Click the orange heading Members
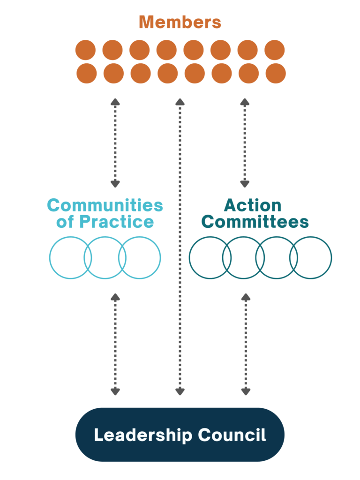pyautogui.click(x=180, y=22)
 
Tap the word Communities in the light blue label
pyautogui.click(x=105, y=205)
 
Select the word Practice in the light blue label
pyautogui.click(x=117, y=222)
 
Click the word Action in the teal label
pyautogui.click(x=253, y=205)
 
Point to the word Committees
pyautogui.click(x=255, y=222)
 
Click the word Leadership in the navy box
pyautogui.click(x=143, y=435)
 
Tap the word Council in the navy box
pyautogui.click(x=232, y=435)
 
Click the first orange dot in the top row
pyautogui.click(x=85, y=50)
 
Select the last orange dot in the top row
pyautogui.click(x=275, y=50)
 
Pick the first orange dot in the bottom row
pyautogui.click(x=87, y=74)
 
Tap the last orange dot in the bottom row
pyautogui.click(x=276, y=74)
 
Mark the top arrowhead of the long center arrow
pyautogui.click(x=180, y=102)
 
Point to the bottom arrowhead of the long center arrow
pyautogui.click(x=180, y=391)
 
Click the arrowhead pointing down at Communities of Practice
pyautogui.click(x=115, y=184)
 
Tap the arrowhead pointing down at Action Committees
pyautogui.click(x=245, y=184)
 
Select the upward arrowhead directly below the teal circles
pyautogui.click(x=246, y=297)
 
